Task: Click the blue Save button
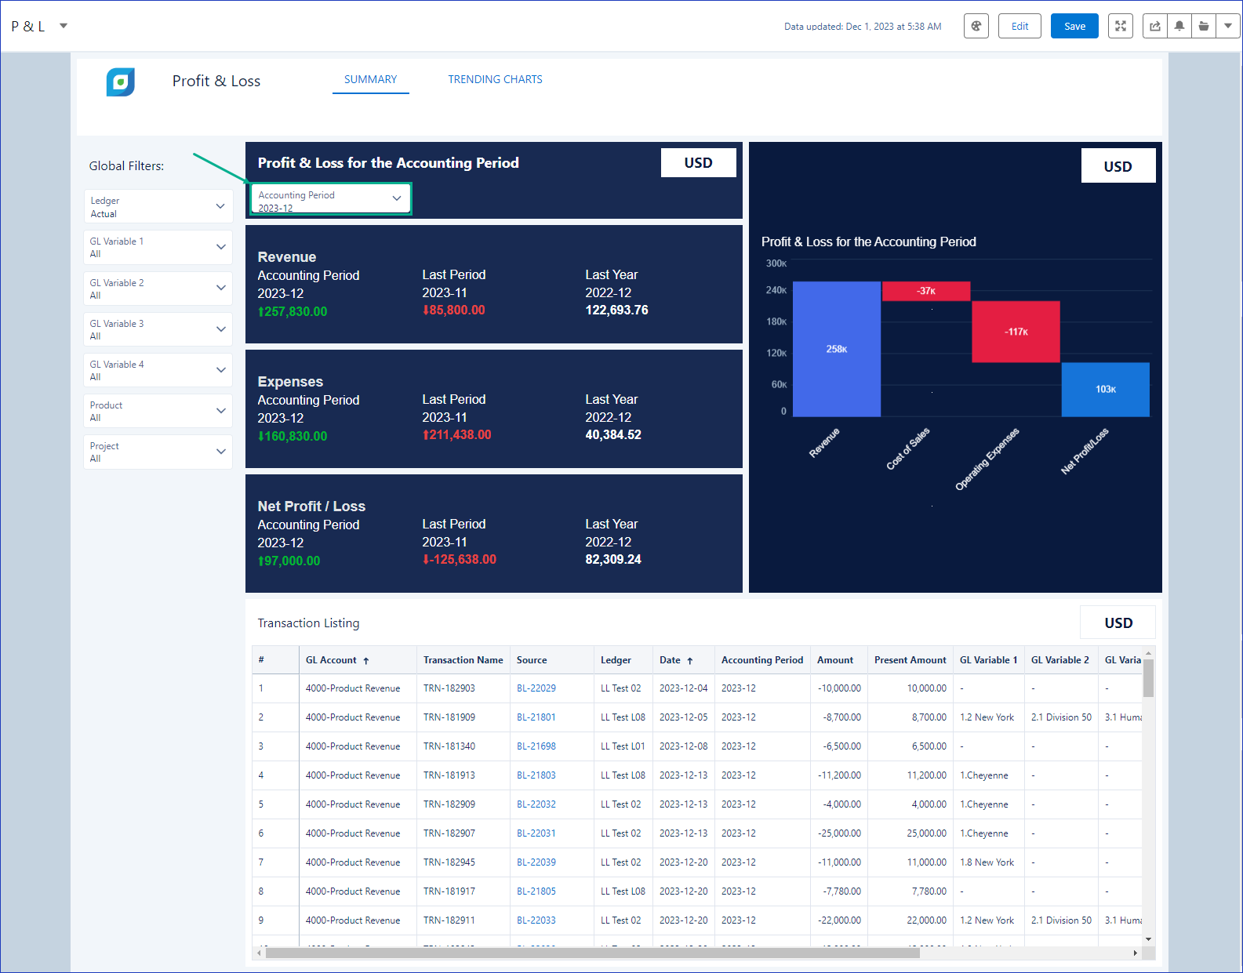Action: click(x=1074, y=27)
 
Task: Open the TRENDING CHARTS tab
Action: click(x=495, y=79)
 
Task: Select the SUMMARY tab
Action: click(x=370, y=79)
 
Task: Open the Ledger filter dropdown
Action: click(x=158, y=207)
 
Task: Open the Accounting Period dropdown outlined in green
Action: click(x=331, y=199)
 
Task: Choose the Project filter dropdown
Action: click(x=158, y=452)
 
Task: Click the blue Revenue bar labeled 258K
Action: click(x=836, y=350)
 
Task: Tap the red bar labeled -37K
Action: click(x=926, y=291)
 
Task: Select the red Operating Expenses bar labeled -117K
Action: click(x=1016, y=332)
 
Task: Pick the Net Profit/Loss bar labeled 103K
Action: click(x=1106, y=390)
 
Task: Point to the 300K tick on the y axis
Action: click(x=776, y=263)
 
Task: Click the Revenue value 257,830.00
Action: click(x=293, y=311)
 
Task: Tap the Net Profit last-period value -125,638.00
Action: click(x=460, y=560)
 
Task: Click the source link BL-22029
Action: click(x=536, y=688)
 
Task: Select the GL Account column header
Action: click(x=331, y=660)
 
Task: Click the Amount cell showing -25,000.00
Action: click(x=839, y=833)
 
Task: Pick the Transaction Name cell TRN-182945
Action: click(x=449, y=862)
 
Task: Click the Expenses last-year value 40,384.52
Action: click(x=613, y=435)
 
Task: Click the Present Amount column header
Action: click(x=910, y=660)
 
